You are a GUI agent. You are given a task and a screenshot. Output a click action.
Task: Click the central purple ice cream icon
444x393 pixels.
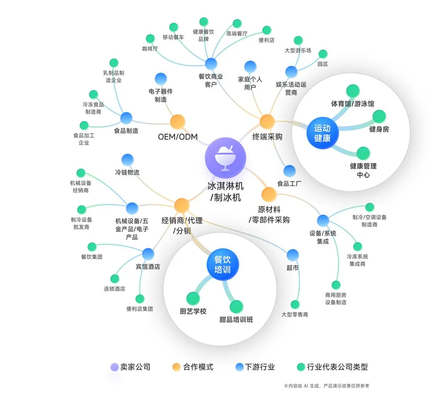pos(225,157)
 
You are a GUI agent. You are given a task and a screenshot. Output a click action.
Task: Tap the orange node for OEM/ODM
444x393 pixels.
pos(178,122)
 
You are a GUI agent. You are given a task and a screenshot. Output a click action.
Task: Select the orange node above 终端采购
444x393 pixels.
pos(267,121)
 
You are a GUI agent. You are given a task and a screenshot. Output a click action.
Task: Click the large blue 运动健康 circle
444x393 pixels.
pos(322,133)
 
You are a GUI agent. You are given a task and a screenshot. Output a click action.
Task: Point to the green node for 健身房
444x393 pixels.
pos(379,116)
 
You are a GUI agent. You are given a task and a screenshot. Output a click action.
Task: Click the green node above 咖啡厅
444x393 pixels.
pos(150,39)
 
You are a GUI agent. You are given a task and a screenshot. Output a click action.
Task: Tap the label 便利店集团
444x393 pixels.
pos(139,309)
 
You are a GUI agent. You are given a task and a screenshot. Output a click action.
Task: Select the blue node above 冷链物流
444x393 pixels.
pos(128,160)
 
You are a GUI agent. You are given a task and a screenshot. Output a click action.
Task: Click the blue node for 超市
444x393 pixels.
pos(292,255)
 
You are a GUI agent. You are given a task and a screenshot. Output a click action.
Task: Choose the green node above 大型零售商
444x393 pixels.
pos(295,304)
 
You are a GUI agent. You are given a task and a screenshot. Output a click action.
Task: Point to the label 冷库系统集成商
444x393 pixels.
pos(357,260)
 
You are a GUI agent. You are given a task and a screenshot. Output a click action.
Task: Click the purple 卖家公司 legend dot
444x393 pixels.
pos(115,367)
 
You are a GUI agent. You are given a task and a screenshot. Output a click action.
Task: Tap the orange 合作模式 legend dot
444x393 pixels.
pos(176,367)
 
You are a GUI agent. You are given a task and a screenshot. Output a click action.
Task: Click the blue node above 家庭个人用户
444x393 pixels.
pos(250,67)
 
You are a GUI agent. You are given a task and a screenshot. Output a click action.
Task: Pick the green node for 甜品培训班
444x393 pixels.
pos(236,306)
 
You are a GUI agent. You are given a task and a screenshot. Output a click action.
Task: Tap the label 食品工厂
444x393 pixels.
pos(289,184)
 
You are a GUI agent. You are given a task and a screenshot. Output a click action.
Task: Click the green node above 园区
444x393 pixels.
pos(323,54)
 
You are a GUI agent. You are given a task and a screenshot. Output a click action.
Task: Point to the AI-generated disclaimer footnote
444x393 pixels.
pos(326,386)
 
